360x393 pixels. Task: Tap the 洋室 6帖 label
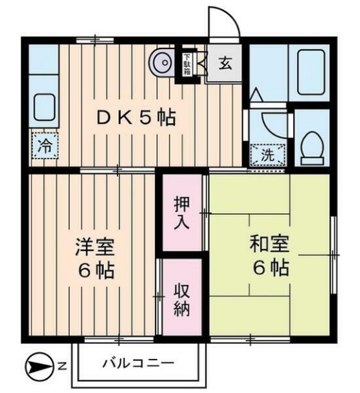pos(95,257)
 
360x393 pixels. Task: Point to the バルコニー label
pos(139,362)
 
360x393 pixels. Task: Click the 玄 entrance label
pos(225,65)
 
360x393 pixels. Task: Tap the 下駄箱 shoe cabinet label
pos(186,63)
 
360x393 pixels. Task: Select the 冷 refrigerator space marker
pos(44,145)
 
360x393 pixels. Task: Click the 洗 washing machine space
pos(267,155)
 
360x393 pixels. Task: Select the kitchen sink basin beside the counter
pos(44,108)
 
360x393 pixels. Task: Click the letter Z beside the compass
pos(61,368)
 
